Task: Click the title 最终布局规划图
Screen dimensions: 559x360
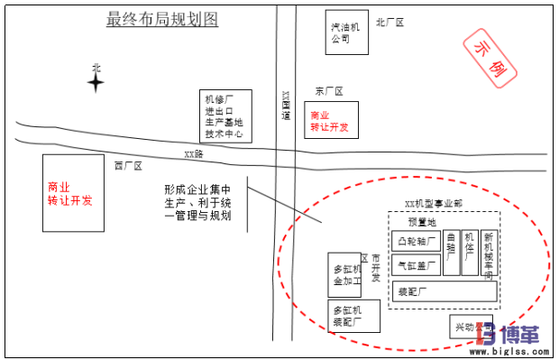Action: coord(162,19)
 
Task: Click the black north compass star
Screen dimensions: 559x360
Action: coord(96,83)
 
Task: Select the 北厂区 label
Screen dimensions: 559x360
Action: coord(391,22)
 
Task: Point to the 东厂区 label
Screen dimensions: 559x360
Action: coord(329,91)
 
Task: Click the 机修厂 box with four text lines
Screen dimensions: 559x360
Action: coord(225,116)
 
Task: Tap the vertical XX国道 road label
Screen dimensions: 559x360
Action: coord(287,105)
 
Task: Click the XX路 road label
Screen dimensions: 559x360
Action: coord(194,154)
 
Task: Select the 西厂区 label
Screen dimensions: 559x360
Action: coord(129,166)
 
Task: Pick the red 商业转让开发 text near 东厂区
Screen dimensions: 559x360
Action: coord(328,122)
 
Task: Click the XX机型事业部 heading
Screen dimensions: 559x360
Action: coord(434,205)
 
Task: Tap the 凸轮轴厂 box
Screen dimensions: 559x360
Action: coord(416,242)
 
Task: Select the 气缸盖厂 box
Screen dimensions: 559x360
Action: coord(416,265)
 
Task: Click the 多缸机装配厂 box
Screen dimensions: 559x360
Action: coord(347,316)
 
